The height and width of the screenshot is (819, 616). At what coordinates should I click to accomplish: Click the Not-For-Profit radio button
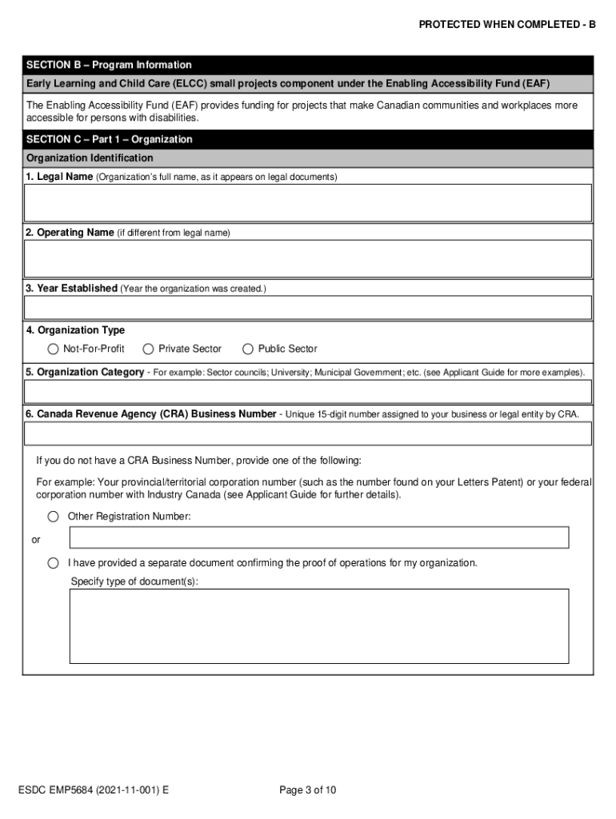pyautogui.click(x=54, y=349)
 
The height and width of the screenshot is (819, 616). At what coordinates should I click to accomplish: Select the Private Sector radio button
pyautogui.click(x=148, y=349)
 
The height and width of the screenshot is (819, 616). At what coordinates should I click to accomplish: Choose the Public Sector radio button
pyautogui.click(x=248, y=349)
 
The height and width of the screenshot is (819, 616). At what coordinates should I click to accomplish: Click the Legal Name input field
pyautogui.click(x=308, y=202)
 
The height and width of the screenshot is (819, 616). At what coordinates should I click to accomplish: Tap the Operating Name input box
pyautogui.click(x=308, y=258)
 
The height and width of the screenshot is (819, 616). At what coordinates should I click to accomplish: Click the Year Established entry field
pyautogui.click(x=308, y=307)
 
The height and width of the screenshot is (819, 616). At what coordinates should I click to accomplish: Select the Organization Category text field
pyautogui.click(x=308, y=391)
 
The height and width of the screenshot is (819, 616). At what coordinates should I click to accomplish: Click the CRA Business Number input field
pyautogui.click(x=308, y=433)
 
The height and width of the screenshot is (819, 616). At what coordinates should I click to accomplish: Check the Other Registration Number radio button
pyautogui.click(x=54, y=517)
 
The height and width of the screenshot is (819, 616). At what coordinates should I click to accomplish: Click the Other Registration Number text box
pyautogui.click(x=319, y=537)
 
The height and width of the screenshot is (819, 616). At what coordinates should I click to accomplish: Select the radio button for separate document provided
pyautogui.click(x=54, y=563)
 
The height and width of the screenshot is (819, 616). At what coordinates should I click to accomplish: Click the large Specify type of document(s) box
pyautogui.click(x=319, y=626)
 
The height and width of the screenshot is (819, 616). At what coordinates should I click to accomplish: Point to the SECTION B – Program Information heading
pyautogui.click(x=109, y=65)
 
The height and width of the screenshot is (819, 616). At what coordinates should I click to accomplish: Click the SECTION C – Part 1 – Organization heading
pyautogui.click(x=110, y=139)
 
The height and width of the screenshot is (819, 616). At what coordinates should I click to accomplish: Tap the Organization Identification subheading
pyautogui.click(x=90, y=158)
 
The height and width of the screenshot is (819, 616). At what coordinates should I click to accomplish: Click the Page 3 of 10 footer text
pyautogui.click(x=308, y=790)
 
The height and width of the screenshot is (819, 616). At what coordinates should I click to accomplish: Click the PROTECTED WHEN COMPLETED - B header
pyautogui.click(x=507, y=25)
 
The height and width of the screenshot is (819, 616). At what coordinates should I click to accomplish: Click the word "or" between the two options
pyautogui.click(x=36, y=540)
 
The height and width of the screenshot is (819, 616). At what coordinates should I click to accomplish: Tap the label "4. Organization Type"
pyautogui.click(x=75, y=330)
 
